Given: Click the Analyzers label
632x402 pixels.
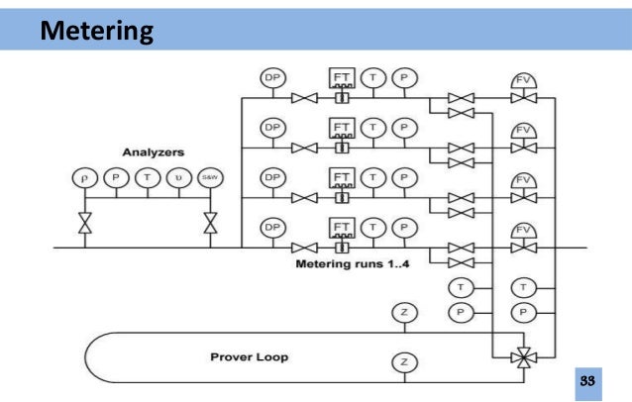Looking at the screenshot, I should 149,153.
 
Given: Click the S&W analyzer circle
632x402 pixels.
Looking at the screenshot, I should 210,178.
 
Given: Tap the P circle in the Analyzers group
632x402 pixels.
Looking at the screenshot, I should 115,178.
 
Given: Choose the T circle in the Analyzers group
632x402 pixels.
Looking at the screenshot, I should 147,178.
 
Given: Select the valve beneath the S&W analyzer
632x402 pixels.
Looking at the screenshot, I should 210,224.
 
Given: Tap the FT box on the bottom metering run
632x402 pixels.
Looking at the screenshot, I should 341,228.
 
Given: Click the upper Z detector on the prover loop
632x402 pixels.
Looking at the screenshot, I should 403,315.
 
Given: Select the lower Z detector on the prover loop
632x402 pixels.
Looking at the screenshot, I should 403,361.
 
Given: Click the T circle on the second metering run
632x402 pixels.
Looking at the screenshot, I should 373,127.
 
